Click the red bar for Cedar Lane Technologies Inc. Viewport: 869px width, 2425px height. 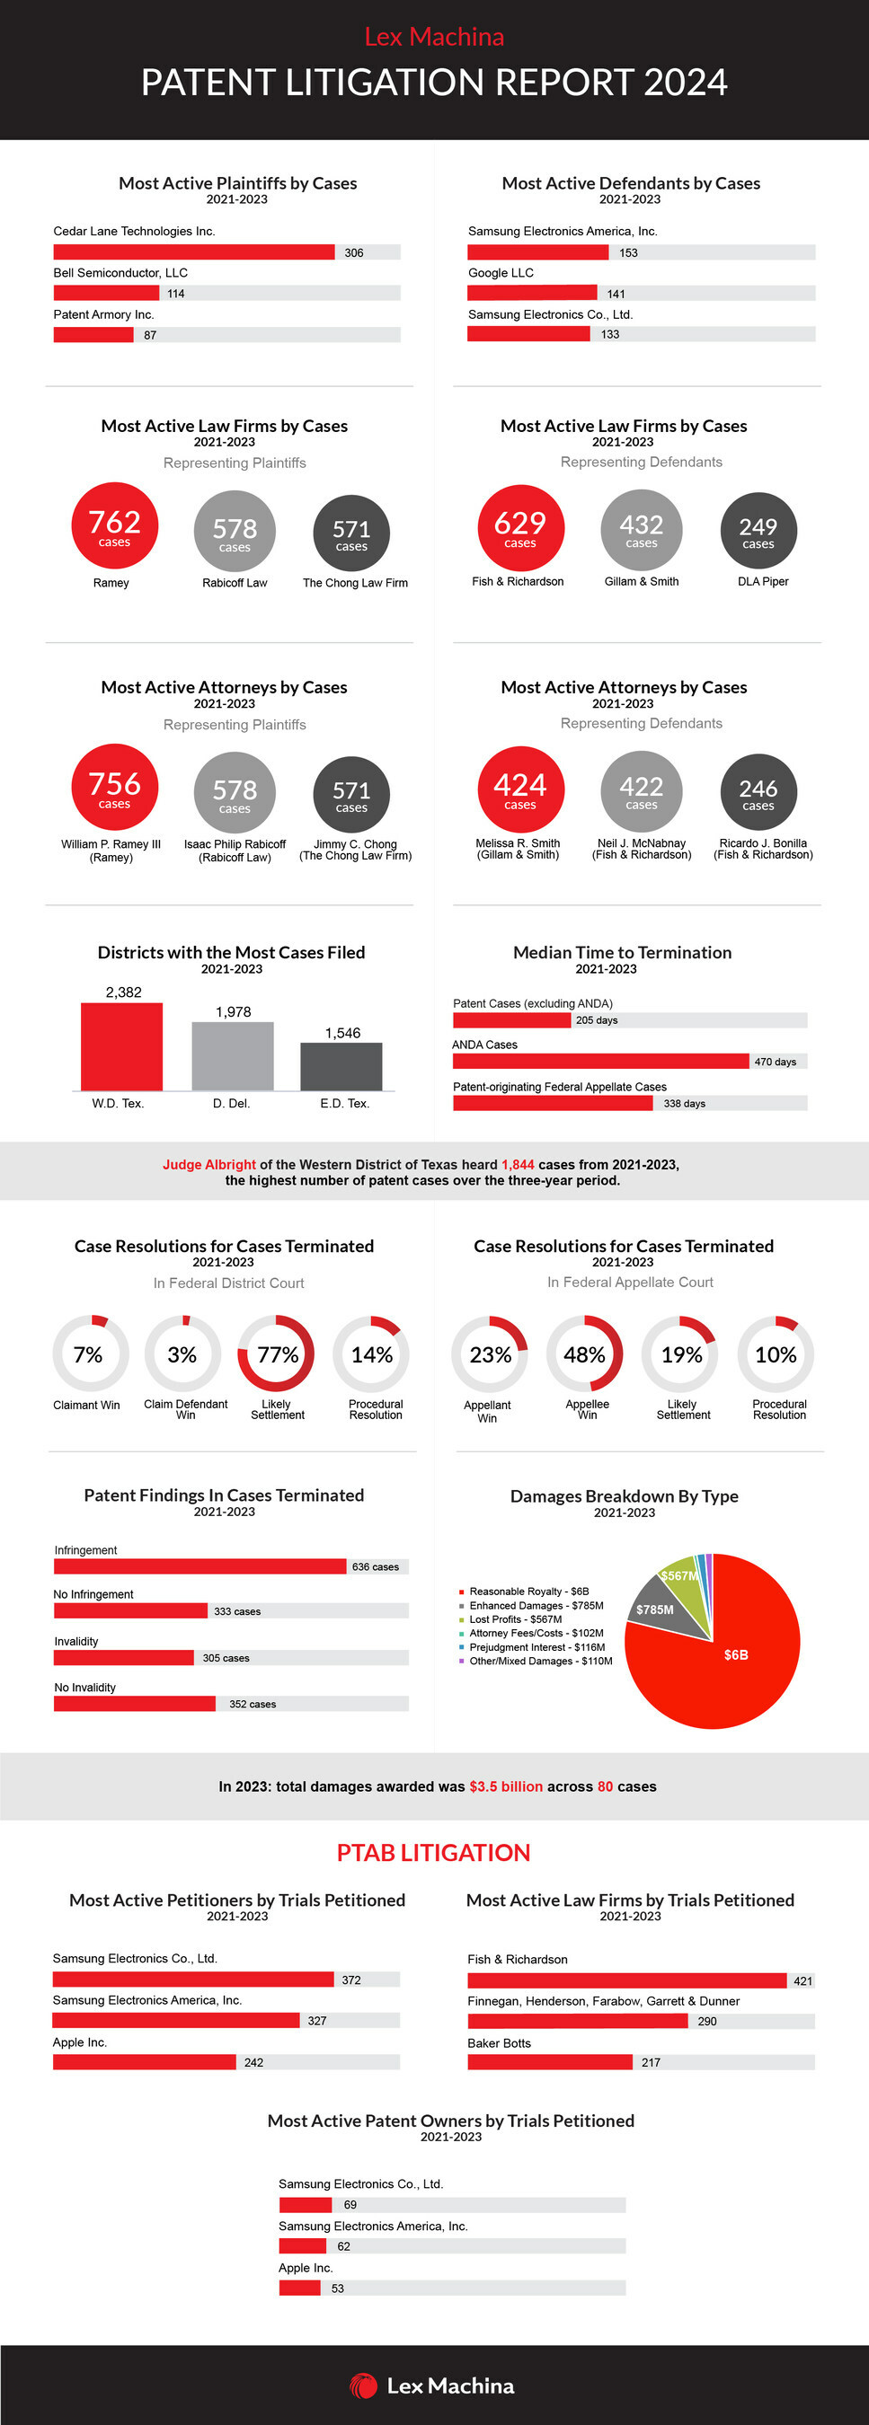pos(193,252)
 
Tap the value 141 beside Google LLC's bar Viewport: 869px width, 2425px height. pos(616,294)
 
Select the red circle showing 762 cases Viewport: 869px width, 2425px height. pos(115,525)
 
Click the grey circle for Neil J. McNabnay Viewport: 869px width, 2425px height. pos(641,790)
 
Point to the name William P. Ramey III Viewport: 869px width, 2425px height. pos(111,844)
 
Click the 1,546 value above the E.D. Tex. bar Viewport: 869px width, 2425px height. pos(342,1033)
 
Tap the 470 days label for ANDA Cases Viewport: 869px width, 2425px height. pos(775,1062)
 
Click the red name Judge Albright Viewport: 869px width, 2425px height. pos(209,1165)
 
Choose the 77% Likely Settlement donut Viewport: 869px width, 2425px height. pos(277,1354)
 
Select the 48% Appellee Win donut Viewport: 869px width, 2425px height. pos(585,1354)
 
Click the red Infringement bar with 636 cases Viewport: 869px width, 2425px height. pos(200,1566)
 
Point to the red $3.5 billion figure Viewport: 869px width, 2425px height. pos(506,1786)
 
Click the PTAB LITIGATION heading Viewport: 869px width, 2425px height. pos(434,1853)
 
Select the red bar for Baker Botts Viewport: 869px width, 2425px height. pos(550,2061)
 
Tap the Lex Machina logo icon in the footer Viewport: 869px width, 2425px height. pos(363,2385)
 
